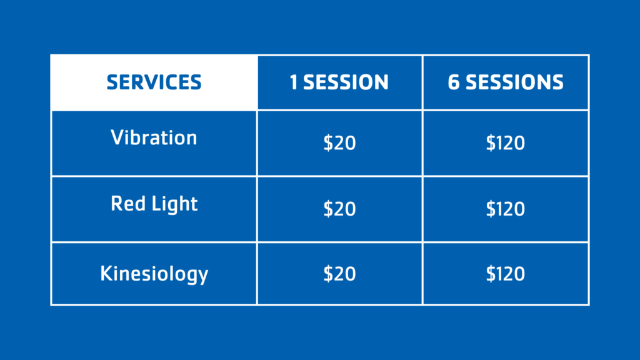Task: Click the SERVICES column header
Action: pyautogui.click(x=154, y=82)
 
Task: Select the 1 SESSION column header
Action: pyautogui.click(x=339, y=82)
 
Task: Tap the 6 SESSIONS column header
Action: pyautogui.click(x=505, y=82)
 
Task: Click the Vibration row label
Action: pyautogui.click(x=154, y=137)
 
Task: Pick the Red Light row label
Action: pyautogui.click(x=154, y=204)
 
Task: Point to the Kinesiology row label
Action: pyautogui.click(x=154, y=274)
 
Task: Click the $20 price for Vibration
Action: pyautogui.click(x=339, y=143)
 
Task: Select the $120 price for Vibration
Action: pyautogui.click(x=505, y=143)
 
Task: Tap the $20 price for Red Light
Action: pyautogui.click(x=339, y=209)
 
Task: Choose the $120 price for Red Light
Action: pyautogui.click(x=505, y=209)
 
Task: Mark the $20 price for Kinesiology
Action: pyautogui.click(x=339, y=274)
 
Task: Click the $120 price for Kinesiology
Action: pyautogui.click(x=505, y=274)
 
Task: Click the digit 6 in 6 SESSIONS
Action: pyautogui.click(x=454, y=82)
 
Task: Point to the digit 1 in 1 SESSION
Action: pyautogui.click(x=294, y=82)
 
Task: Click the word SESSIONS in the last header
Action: pyautogui.click(x=515, y=82)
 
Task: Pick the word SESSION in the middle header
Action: pyautogui.click(x=346, y=82)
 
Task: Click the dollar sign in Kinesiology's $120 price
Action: pyautogui.click(x=490, y=274)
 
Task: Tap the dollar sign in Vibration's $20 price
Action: pyautogui.click(x=327, y=143)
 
